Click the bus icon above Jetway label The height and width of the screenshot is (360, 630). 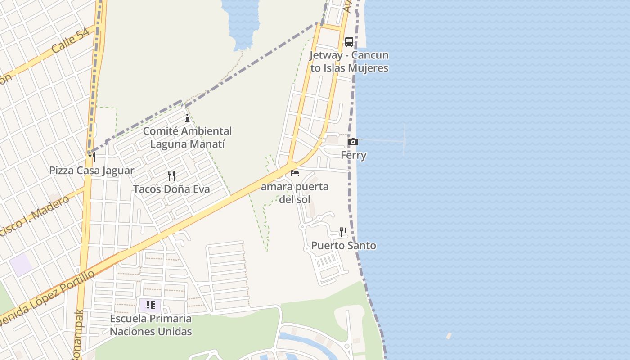[349, 42]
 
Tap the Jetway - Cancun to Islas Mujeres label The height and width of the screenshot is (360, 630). [349, 62]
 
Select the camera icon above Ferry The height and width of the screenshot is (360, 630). [353, 142]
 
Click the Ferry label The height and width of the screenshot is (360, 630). [353, 155]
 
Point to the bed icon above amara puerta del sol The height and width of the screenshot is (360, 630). [295, 173]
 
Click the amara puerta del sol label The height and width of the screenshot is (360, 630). [295, 193]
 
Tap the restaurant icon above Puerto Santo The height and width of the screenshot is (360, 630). [343, 232]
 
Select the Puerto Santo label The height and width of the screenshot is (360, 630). [344, 246]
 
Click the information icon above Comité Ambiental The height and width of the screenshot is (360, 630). [187, 118]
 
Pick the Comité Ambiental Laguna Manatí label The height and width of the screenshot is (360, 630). [187, 137]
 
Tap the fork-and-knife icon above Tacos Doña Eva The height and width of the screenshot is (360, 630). [171, 175]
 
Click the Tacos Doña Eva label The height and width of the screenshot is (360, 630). [171, 189]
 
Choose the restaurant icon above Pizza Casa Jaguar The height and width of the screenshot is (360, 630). [92, 157]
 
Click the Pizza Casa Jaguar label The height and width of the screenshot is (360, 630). [92, 171]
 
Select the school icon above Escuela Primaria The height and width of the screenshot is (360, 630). [151, 305]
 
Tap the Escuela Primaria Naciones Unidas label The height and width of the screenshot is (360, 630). [151, 325]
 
